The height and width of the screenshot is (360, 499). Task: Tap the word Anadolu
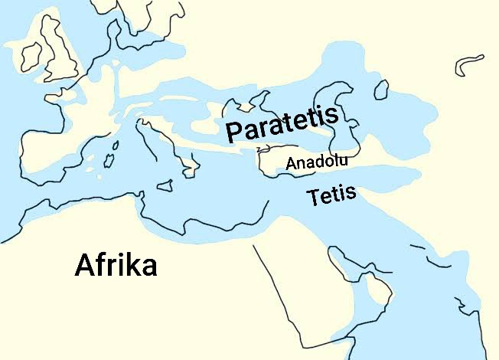click(317, 162)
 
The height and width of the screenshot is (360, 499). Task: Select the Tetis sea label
click(331, 195)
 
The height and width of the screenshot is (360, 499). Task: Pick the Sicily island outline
click(165, 185)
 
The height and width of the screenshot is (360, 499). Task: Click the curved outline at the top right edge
click(468, 64)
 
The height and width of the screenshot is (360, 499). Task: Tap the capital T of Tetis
click(313, 198)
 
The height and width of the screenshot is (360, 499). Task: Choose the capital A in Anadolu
click(291, 163)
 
